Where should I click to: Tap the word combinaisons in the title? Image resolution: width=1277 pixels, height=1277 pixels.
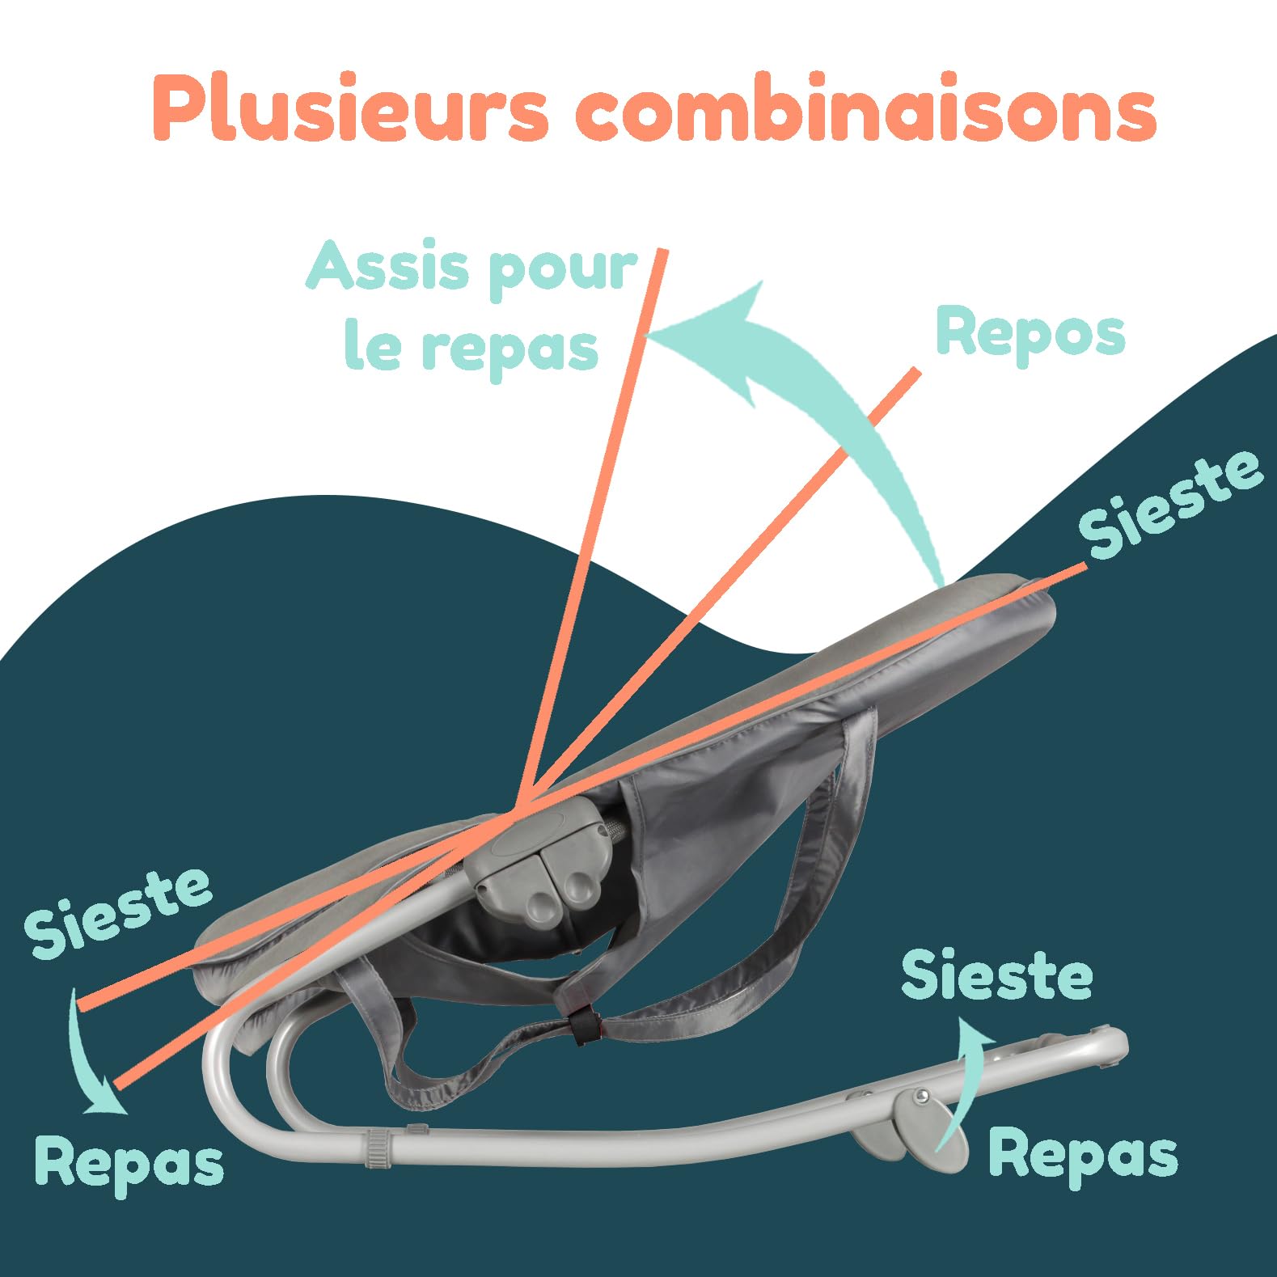865,106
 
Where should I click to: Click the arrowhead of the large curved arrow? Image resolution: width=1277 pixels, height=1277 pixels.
712,340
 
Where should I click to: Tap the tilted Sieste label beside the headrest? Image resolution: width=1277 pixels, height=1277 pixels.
1170,503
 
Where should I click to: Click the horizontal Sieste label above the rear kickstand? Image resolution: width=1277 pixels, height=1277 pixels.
996,975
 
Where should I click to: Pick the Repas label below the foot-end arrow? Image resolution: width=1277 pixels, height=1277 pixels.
129,1162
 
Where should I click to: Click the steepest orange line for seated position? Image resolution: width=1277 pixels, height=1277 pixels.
594,526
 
